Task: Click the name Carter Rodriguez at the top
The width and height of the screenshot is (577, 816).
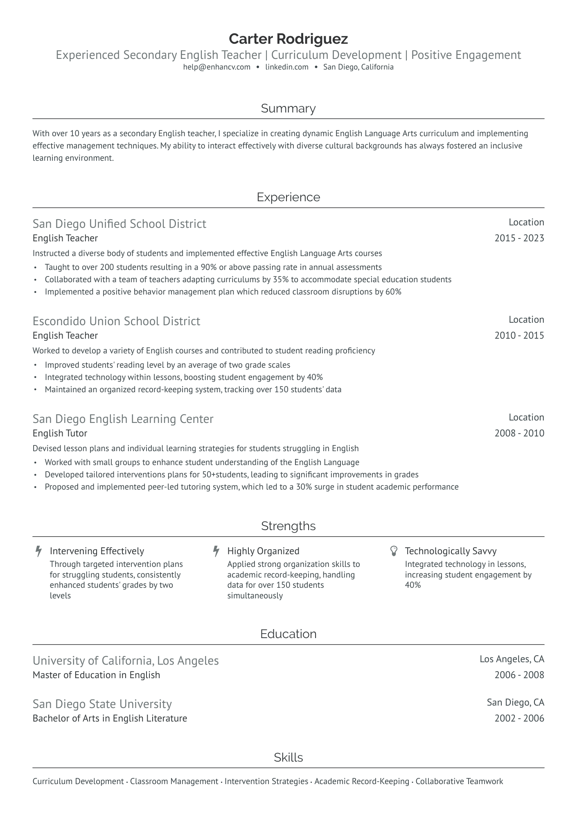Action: (288, 39)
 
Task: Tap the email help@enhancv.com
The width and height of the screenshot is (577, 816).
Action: (216, 67)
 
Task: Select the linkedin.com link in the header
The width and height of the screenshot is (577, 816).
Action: (286, 67)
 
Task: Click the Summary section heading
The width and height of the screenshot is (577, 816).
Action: (288, 108)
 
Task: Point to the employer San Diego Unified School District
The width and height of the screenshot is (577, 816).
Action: (119, 224)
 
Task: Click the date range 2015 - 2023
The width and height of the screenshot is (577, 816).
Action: (519, 238)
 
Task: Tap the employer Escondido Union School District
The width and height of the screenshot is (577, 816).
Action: (116, 321)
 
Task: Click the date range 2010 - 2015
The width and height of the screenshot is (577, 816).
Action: (519, 335)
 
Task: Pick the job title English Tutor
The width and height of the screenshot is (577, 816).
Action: (60, 433)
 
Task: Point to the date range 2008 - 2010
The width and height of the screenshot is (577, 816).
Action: (519, 433)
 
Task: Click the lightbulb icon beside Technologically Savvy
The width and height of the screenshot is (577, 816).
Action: (394, 551)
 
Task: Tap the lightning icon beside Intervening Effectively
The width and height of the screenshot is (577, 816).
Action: (38, 551)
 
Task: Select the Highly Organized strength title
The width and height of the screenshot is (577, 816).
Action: (263, 551)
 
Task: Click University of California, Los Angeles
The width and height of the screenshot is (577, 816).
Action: (125, 661)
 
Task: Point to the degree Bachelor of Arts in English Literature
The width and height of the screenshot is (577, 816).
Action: (110, 718)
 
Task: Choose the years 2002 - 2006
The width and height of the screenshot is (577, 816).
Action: (519, 718)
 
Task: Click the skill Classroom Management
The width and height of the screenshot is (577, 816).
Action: (174, 781)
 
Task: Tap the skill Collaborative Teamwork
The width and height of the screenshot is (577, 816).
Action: (459, 781)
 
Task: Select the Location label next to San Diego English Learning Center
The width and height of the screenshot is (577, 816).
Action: (526, 417)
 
